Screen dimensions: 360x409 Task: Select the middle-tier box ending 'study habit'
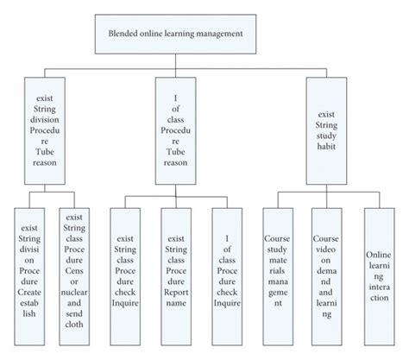(329, 134)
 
